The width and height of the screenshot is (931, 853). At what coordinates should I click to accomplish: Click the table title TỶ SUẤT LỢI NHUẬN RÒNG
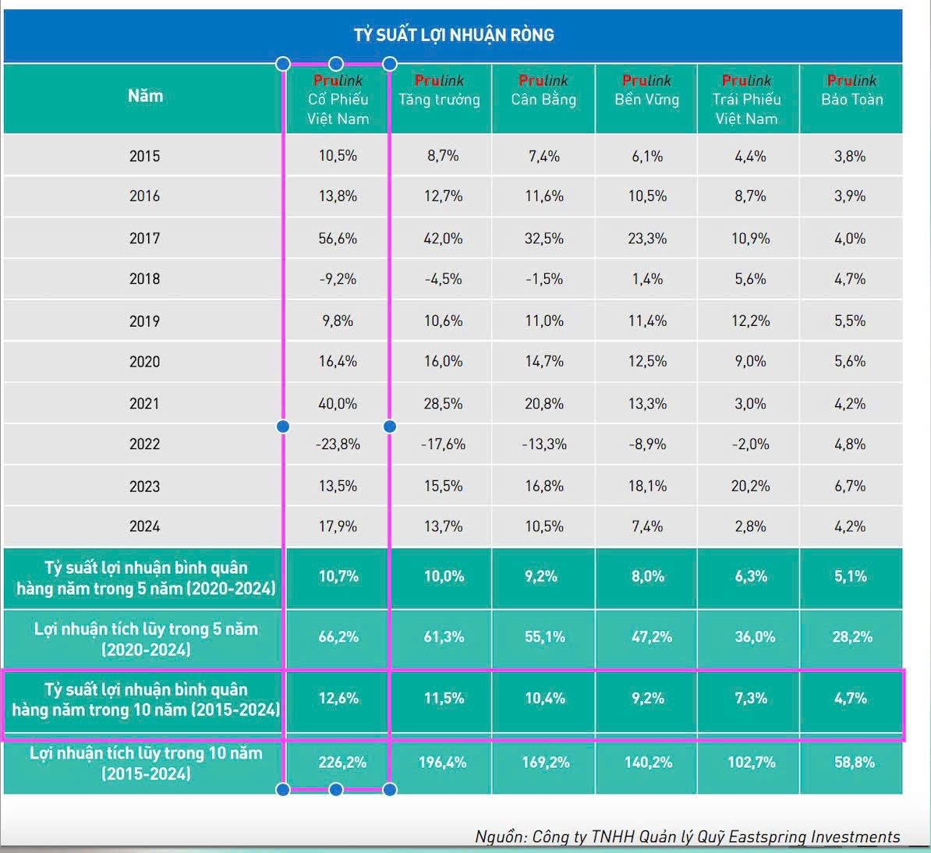454,35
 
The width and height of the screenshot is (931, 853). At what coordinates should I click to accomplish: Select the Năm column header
145,96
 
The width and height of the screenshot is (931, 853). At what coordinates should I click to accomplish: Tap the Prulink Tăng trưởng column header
439,90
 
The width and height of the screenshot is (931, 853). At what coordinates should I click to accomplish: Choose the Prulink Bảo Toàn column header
851,90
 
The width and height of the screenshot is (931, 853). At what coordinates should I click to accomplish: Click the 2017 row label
144,238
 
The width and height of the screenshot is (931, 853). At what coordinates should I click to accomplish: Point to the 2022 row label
144,444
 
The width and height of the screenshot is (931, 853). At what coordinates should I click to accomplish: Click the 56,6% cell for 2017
338,238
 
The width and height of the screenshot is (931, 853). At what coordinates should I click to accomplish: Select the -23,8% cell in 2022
338,444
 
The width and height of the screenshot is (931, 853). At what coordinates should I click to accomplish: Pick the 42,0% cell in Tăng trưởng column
443,238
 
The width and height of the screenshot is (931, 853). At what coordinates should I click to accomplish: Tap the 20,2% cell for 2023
750,486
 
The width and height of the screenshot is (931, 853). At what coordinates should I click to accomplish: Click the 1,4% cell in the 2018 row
647,278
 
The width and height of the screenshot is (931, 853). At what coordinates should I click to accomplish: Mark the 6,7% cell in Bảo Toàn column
850,486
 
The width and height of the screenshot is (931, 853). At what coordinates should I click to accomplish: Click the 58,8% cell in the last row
854,762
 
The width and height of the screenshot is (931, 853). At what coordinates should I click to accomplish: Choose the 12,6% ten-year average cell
338,698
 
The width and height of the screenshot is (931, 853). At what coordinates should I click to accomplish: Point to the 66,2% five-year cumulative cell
338,636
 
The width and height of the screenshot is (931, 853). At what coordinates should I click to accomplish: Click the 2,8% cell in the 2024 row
750,526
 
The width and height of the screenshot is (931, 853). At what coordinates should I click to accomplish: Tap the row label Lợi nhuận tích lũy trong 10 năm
146,763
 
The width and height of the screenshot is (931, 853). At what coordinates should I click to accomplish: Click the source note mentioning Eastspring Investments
687,837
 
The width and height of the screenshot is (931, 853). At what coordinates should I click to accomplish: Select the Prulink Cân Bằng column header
543,90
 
